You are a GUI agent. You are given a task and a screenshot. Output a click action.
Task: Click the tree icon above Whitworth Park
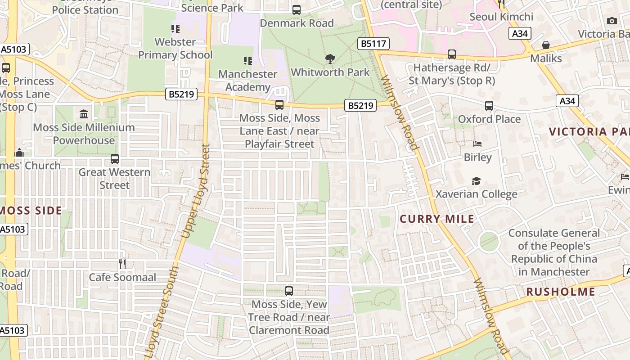click(330, 58)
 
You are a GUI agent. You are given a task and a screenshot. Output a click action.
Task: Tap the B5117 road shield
click(373, 44)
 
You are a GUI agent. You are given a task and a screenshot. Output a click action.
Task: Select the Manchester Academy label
click(247, 80)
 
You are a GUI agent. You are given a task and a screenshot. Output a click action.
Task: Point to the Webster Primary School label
click(175, 48)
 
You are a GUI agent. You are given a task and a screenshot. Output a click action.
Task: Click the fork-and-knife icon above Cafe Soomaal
click(122, 264)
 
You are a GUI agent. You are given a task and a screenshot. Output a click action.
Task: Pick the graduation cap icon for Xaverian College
click(476, 181)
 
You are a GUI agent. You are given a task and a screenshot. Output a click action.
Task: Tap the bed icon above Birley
click(477, 144)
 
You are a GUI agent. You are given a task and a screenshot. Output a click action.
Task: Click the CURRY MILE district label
click(437, 219)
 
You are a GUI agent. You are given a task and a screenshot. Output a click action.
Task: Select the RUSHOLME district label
click(560, 292)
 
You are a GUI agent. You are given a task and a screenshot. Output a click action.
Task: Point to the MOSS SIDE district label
click(31, 211)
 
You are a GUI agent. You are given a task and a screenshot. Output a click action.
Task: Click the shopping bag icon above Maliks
click(546, 45)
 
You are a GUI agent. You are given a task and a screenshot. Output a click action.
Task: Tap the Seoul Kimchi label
click(501, 17)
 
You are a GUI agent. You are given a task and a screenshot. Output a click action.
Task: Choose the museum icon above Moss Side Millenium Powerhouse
click(84, 114)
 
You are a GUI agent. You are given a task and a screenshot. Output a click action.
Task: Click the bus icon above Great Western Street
click(115, 159)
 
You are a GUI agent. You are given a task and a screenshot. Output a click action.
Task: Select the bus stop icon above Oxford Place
click(489, 106)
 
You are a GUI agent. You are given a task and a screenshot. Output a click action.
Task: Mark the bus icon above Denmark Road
click(297, 9)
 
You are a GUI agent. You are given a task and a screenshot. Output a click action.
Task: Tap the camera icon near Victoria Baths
click(612, 21)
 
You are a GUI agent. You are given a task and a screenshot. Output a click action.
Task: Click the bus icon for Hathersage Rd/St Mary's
click(452, 54)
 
